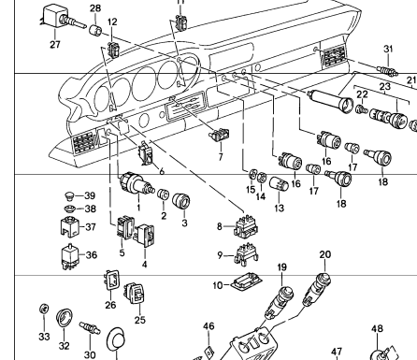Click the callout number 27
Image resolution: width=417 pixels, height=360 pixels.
coord(55,44)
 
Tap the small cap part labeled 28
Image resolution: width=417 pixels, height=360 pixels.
coord(95,30)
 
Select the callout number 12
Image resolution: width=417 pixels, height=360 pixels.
coord(112,22)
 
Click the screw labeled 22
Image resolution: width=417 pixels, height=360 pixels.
coord(361,109)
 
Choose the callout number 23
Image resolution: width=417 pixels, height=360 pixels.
coord(385,86)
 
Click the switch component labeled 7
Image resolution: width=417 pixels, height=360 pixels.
coord(219,135)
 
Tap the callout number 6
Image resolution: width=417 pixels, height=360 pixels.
coord(162,171)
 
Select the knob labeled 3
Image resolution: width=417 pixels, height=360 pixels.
coord(181,202)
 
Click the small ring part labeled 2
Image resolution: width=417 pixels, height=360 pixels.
coord(163,194)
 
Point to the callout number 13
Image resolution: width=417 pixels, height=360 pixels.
coord(280,208)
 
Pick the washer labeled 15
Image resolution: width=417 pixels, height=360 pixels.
coord(252,174)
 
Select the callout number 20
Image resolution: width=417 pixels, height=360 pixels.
coord(324,254)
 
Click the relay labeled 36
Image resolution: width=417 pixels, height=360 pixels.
coord(70,256)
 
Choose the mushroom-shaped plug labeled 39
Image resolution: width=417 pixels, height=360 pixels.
coord(69,196)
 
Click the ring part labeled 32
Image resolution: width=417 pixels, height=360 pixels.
coord(65,317)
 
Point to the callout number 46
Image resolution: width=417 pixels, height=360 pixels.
coord(208,326)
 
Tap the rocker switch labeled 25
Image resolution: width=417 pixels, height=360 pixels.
coord(135,293)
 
